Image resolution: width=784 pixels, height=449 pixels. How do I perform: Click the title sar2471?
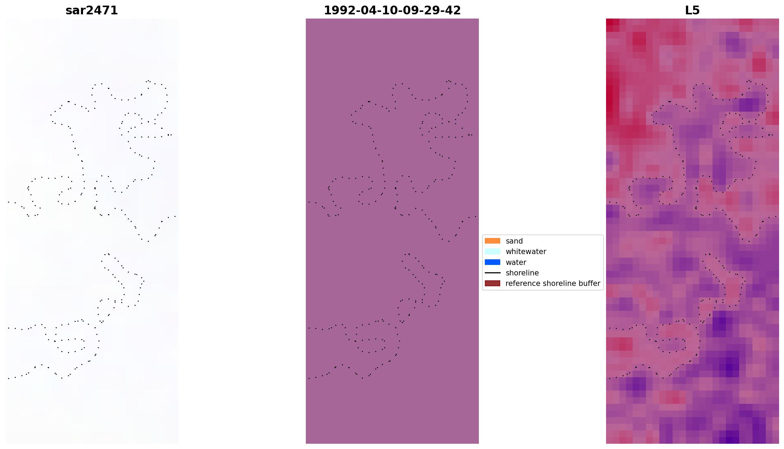(91, 10)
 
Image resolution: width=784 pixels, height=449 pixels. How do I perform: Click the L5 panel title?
(692, 10)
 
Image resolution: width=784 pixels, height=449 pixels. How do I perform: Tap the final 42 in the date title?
(454, 10)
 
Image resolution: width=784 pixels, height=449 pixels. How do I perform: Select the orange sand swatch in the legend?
(492, 241)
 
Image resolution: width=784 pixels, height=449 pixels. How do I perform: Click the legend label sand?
(514, 241)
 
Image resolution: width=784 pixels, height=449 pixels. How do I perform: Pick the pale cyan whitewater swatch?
(492, 251)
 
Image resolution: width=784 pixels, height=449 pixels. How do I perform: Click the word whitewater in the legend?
(526, 252)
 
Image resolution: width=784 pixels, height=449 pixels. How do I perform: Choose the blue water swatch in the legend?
(492, 262)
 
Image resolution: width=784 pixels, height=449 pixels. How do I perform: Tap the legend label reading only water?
(516, 262)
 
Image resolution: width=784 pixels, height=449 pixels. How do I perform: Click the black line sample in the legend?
(492, 273)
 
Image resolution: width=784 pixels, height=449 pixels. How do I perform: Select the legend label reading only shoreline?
(522, 273)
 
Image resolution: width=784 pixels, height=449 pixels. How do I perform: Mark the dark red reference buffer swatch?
(492, 283)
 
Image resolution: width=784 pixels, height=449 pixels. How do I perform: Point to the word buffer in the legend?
(589, 283)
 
